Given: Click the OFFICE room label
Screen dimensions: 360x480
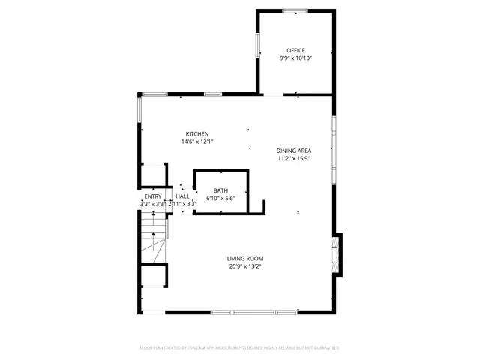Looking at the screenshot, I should coord(295,50).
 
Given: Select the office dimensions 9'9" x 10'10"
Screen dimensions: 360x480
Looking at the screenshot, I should coord(295,58).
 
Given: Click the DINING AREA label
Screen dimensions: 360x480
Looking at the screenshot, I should coord(294,150).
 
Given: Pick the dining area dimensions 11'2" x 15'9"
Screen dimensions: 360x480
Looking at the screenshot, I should coord(294,158).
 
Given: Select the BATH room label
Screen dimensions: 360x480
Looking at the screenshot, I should coord(220,190).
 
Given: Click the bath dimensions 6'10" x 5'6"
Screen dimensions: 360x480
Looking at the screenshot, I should coord(220,198).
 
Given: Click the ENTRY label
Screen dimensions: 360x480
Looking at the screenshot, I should coord(153,196).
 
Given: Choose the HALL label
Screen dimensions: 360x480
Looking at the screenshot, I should coord(182,196).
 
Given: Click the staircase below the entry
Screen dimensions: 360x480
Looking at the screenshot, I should coord(153,236).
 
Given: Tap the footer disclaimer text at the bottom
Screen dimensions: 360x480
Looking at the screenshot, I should coord(239,348).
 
